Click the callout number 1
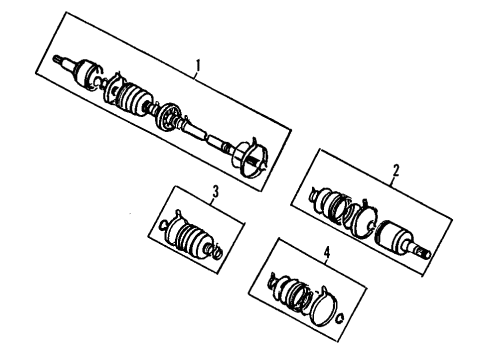coord(198,65)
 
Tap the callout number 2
coord(396,171)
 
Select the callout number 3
coord(216,192)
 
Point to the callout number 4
coord(327,252)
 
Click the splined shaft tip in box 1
coord(57,60)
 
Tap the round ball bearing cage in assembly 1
coord(168,118)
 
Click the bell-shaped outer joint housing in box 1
coord(85,73)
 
